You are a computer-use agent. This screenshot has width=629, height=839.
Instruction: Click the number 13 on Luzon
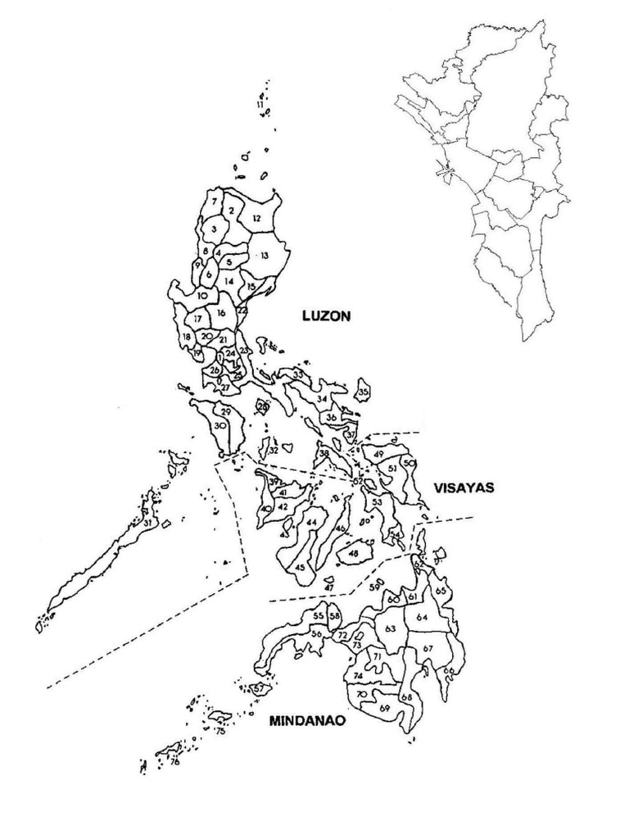[x=265, y=256]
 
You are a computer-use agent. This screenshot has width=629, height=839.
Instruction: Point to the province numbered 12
[x=256, y=218]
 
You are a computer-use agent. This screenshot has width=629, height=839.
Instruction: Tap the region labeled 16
[x=222, y=312]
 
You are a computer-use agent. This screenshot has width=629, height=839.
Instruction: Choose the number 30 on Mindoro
[x=219, y=426]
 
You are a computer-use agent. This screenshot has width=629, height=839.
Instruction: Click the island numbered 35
[x=363, y=393]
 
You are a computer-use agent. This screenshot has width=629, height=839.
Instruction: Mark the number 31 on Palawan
[x=147, y=522]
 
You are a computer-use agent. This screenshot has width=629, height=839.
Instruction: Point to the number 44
[x=311, y=522]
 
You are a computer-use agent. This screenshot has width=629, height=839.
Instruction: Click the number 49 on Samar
[x=378, y=454]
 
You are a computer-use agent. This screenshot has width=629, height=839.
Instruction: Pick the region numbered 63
[x=390, y=629]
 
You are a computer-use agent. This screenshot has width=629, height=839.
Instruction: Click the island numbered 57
[x=259, y=689]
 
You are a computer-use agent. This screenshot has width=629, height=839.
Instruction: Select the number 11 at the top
[x=260, y=105]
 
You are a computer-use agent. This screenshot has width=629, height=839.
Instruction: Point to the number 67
[x=428, y=648]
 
